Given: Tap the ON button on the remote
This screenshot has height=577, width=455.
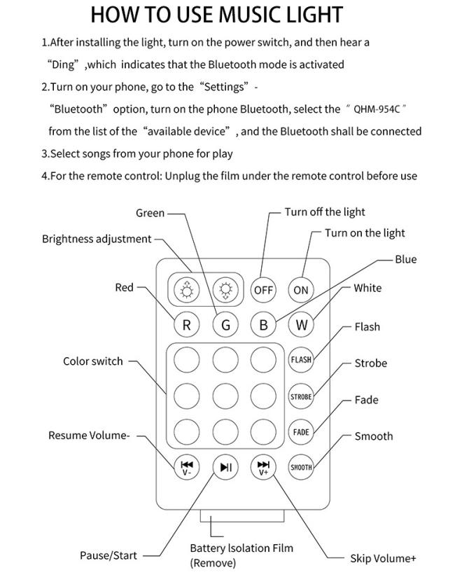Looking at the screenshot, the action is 301,290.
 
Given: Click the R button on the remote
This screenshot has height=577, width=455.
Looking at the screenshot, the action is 186,325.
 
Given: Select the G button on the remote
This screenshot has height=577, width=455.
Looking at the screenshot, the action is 225,325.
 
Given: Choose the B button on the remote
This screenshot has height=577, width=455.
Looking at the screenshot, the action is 263,325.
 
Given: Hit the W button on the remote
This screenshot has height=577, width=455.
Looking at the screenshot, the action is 301,325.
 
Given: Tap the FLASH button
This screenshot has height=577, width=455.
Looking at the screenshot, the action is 301,359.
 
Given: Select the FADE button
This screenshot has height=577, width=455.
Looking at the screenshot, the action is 301,431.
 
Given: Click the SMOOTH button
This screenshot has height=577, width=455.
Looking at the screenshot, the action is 301,467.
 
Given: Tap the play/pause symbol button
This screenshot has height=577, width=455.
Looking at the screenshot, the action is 225,467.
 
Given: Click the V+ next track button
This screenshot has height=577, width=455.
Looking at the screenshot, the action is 263,467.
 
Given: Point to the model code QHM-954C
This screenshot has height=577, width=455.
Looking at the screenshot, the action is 377,109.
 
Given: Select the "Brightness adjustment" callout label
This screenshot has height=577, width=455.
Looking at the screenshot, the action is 97,239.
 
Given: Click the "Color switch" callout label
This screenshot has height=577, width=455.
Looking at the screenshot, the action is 92,361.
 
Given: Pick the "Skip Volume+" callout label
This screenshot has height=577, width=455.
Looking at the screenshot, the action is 383,558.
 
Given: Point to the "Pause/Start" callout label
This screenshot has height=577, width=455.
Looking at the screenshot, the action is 108,555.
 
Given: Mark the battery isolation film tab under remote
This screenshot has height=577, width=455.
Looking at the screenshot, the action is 242,516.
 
